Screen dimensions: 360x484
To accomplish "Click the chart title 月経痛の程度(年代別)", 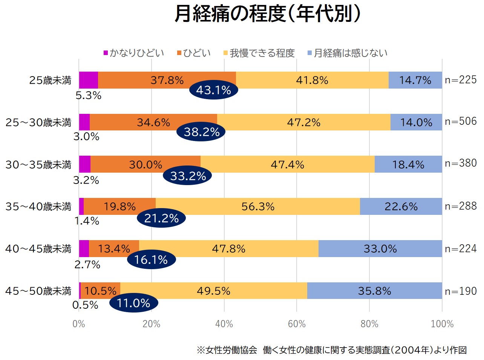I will pos(267,14).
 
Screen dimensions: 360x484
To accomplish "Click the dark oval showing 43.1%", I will pos(213,90).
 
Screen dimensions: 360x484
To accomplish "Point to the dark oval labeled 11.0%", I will pos(133,303).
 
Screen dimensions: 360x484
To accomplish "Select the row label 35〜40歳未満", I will pos(38,207).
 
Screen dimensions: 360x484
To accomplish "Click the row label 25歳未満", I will pos(50,80).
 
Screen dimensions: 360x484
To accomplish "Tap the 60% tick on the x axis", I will pos(297,324).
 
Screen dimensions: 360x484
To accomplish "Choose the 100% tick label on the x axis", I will pos(442,324).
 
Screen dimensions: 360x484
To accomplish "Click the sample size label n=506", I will pos(461,121).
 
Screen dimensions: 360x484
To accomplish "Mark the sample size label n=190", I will pos(461,291).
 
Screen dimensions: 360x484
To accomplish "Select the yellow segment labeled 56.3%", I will pos(258,207).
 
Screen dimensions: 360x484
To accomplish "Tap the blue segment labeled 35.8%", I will pos(374,291).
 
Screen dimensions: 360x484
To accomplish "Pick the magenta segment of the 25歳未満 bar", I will pos(88,80).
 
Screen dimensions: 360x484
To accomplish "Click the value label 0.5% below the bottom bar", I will pos(85,305).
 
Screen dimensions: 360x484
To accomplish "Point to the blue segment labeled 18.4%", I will pos(408,164).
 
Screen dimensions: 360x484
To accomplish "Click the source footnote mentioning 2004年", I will pos(331,350).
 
